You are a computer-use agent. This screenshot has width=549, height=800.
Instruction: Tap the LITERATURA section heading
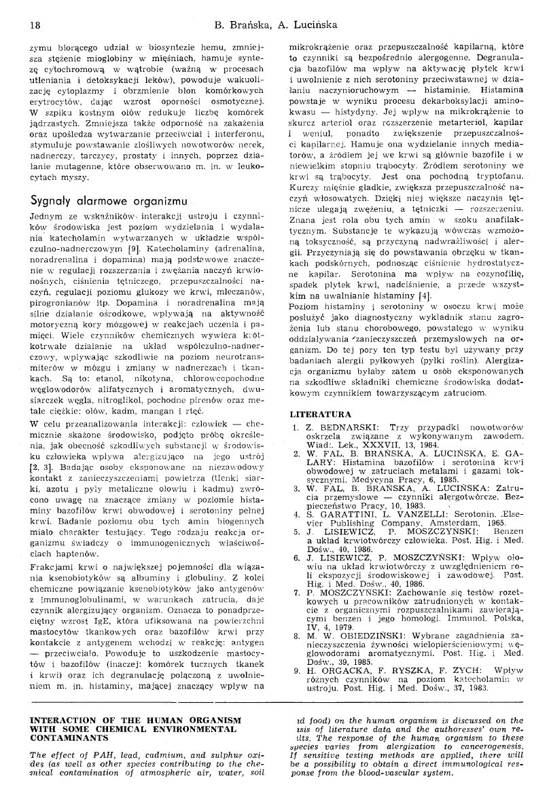pyautogui.click(x=321, y=414)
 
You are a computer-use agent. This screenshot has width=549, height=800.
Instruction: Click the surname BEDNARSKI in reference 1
pyautogui.click(x=340, y=426)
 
